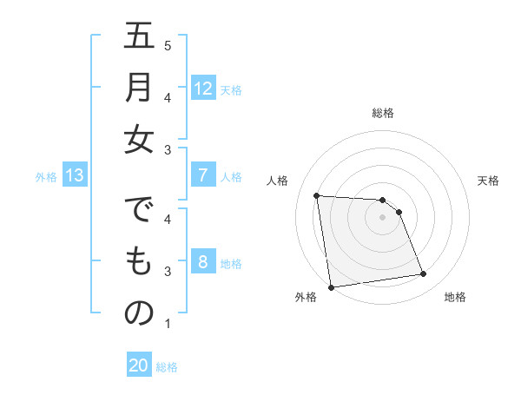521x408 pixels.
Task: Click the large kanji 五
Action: pos(139,39)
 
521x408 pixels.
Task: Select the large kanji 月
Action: pos(139,89)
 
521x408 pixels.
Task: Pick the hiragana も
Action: pos(139,262)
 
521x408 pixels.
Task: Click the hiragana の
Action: pos(139,313)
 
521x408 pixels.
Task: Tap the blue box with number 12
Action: pos(202,89)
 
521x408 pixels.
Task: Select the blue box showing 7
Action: pos(202,176)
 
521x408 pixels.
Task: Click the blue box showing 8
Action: pos(202,262)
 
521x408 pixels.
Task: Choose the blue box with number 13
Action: pos(74,176)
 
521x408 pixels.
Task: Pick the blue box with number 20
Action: pos(139,366)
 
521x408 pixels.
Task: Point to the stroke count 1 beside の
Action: pos(168,324)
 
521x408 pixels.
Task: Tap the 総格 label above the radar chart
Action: pos(383,113)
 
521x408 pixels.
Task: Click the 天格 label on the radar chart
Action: pos(488,181)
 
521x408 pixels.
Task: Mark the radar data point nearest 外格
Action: pos(330,287)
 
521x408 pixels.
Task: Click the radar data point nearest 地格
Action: pos(423,274)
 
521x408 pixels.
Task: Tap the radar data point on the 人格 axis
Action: pos(317,196)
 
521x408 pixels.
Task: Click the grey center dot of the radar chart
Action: pos(382,217)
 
